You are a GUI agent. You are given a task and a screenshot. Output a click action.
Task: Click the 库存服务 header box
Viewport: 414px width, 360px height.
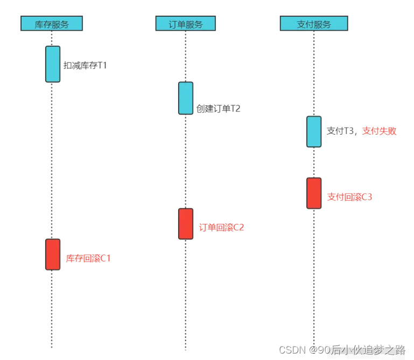[52, 24]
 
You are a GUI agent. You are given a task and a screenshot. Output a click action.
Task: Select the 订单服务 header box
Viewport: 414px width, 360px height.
[185, 24]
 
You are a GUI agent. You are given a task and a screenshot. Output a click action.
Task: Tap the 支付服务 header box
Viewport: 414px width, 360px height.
[314, 24]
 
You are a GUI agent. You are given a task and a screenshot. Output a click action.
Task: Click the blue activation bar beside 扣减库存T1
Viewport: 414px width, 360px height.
[53, 64]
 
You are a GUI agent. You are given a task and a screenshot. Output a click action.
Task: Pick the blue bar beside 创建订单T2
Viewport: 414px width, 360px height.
[186, 98]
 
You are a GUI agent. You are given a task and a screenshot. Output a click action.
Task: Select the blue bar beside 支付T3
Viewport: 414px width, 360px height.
[314, 131]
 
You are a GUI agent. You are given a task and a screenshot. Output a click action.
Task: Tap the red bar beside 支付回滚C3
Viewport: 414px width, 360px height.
[314, 193]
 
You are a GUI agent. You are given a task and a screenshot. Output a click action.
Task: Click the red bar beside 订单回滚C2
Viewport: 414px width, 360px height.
[186, 224]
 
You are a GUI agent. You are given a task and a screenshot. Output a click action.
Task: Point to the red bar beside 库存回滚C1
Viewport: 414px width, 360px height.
[53, 254]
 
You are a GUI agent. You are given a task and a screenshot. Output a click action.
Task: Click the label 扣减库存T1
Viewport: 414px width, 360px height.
[85, 66]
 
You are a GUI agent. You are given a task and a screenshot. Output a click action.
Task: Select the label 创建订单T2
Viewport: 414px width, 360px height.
[218, 109]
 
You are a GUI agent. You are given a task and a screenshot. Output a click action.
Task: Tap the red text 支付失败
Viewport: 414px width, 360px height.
[379, 131]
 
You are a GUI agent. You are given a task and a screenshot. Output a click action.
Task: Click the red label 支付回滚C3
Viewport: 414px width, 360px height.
[349, 197]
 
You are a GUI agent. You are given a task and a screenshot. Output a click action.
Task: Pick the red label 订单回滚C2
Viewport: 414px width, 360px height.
[221, 227]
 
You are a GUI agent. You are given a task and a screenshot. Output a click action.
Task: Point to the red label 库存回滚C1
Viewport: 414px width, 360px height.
[88, 258]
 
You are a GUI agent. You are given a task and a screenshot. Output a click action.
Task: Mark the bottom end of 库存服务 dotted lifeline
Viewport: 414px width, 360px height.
[52, 347]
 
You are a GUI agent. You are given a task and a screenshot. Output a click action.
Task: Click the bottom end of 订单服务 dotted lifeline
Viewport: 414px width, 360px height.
[185, 348]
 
